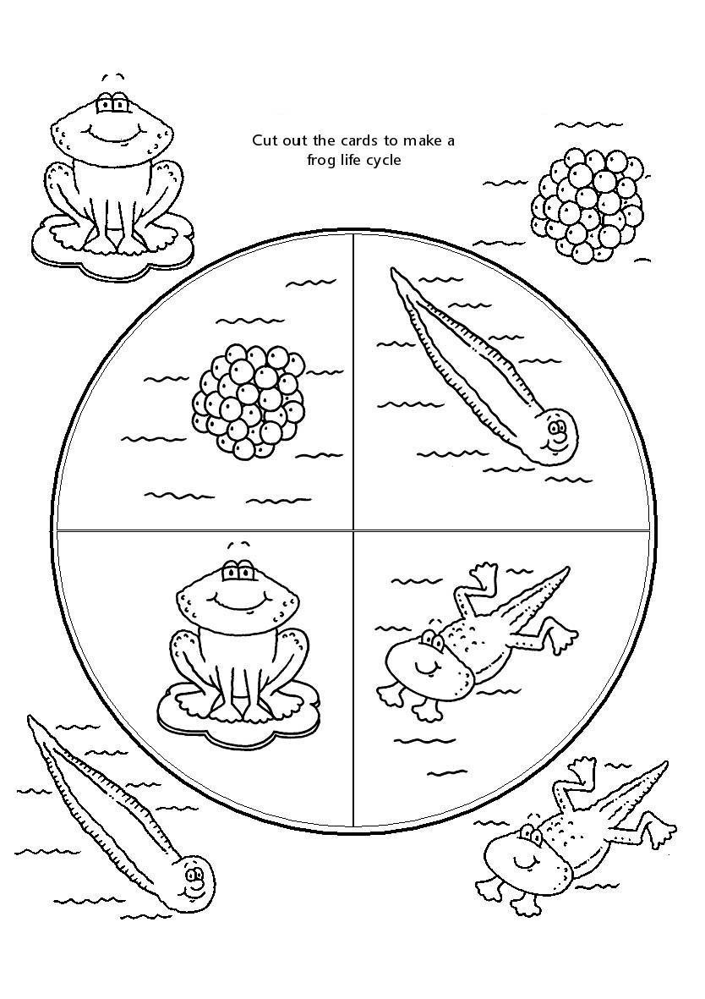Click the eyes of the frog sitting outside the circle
point(112,105)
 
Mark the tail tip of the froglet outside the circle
point(665,765)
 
